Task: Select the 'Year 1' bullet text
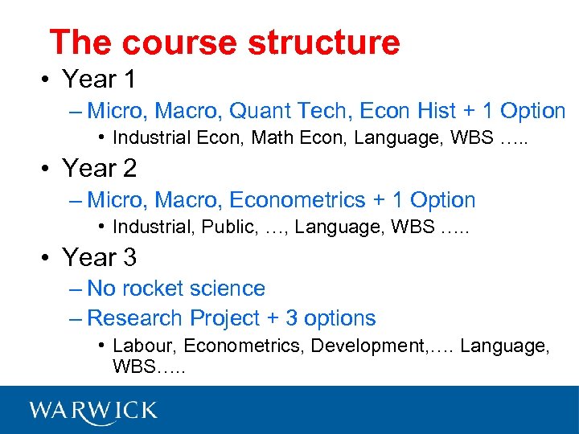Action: (x=99, y=80)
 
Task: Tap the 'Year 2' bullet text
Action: (x=99, y=169)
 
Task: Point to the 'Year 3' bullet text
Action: (x=99, y=258)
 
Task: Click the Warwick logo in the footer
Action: (x=93, y=411)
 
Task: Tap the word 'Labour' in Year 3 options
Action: (x=142, y=346)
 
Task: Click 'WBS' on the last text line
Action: (x=133, y=366)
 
